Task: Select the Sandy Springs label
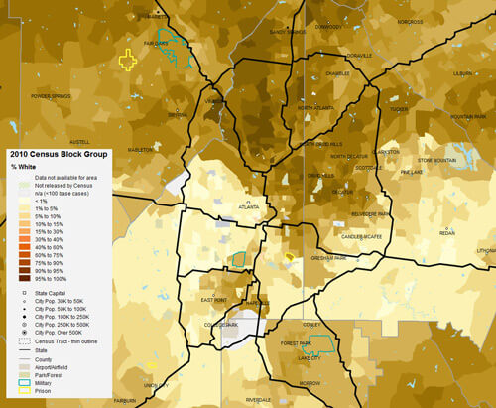[287, 31]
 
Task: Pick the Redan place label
[447, 233]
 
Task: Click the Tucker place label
[398, 109]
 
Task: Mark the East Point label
[213, 299]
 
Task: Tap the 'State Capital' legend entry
[49, 295]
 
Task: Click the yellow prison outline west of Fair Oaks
[127, 60]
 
